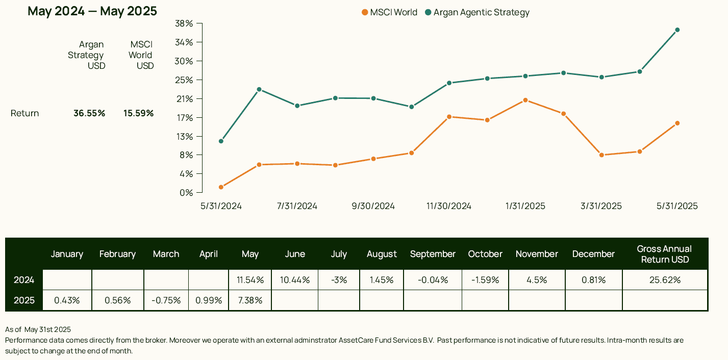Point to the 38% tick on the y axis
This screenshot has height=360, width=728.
184,23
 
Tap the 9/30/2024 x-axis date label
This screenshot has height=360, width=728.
373,206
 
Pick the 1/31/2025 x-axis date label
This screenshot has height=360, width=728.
525,206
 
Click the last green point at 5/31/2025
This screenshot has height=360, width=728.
677,30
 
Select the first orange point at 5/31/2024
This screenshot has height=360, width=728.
221,187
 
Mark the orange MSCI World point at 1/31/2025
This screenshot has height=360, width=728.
525,100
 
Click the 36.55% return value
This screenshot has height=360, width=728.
89,113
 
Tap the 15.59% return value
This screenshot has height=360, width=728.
138,113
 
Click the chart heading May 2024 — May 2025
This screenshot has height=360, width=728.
92,11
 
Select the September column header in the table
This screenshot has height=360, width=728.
433,254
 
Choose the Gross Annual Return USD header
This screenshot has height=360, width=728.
664,254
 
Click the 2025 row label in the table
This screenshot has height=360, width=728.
24,300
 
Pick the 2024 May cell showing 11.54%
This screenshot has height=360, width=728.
250,280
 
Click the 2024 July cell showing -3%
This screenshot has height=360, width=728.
339,280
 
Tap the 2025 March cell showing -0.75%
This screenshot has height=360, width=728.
166,300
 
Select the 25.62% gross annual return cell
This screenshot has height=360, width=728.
664,280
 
